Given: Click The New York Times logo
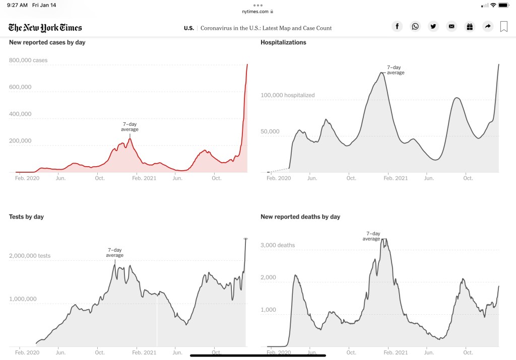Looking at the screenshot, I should [45, 28].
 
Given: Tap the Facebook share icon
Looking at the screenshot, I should [397, 27].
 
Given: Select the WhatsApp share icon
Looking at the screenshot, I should [415, 27].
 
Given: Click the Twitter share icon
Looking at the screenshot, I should [433, 27].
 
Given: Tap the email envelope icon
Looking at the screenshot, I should [451, 27].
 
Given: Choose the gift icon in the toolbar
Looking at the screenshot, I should [470, 27].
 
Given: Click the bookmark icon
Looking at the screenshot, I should [503, 27].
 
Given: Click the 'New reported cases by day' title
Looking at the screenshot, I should [47, 42].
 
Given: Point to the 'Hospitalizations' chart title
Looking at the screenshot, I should [283, 42].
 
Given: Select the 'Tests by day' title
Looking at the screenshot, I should [26, 217].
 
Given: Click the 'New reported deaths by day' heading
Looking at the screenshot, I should [300, 217].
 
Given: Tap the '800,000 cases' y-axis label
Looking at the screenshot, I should [28, 60].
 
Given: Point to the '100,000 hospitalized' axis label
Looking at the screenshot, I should [287, 95].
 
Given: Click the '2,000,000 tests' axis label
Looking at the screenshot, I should [30, 256].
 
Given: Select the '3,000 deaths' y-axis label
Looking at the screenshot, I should [278, 245].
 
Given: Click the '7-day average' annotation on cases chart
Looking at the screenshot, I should [130, 127].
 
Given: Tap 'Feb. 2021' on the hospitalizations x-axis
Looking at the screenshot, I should [395, 178].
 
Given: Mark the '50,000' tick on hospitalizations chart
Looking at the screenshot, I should [270, 132].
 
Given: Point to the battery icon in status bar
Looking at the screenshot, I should [504, 5].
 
